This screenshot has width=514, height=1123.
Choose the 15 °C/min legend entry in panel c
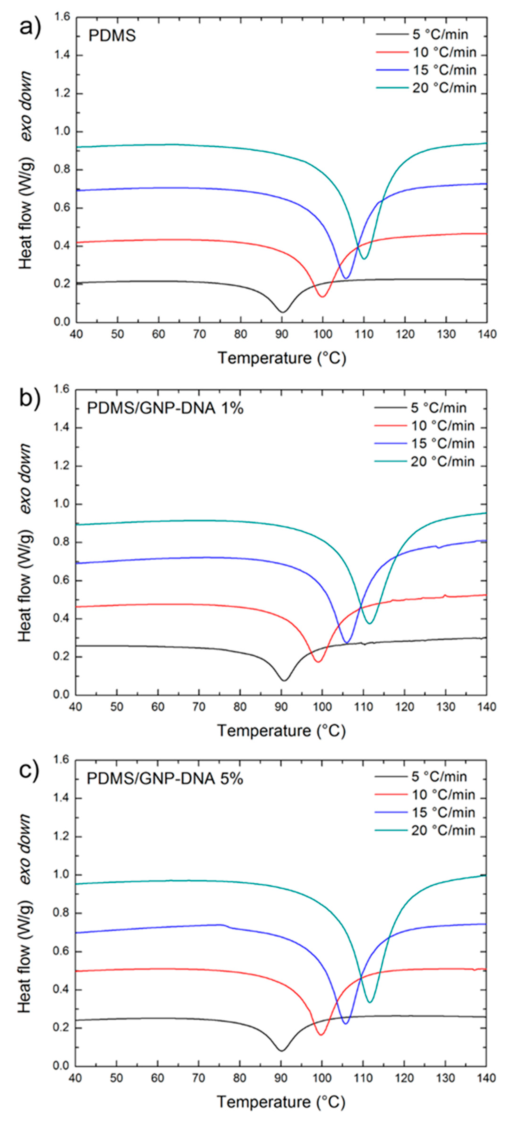(x=443, y=813)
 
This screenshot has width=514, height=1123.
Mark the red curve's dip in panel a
(x=323, y=296)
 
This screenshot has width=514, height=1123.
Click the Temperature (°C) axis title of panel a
(x=282, y=358)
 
